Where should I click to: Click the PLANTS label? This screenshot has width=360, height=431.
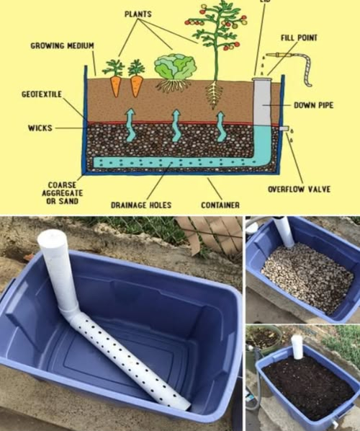(x=138, y=14)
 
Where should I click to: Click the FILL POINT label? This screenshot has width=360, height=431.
(x=299, y=37)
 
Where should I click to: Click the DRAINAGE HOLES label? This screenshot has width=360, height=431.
(x=141, y=205)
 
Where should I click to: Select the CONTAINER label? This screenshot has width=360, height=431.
(x=220, y=205)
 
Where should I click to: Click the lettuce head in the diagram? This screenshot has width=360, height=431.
(x=175, y=68)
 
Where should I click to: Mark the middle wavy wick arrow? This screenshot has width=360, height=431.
(x=176, y=125)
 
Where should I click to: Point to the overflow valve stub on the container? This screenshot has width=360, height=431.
(x=286, y=129)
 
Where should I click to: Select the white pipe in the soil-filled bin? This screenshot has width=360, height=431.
(x=297, y=347)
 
